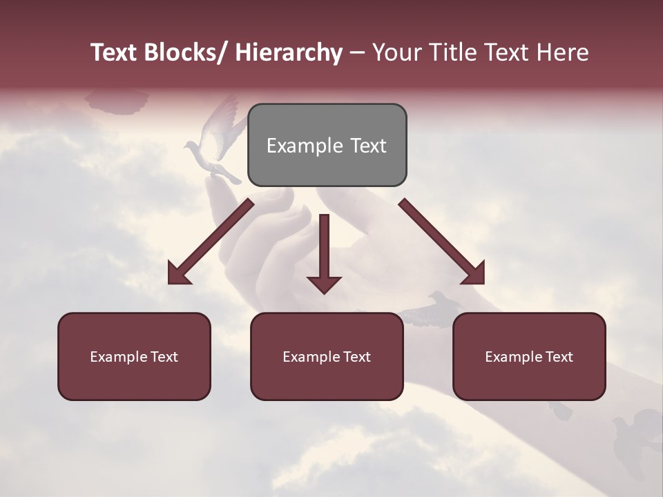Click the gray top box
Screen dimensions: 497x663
coord(327,145)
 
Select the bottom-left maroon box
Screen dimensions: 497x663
coord(134,356)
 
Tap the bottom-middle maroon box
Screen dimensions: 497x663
coord(327,356)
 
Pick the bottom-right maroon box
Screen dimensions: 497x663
coord(529,356)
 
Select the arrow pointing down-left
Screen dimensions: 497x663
coord(210,242)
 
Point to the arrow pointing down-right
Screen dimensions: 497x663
coord(442,242)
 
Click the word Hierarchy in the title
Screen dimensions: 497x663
coord(289,52)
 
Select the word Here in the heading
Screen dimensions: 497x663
coord(563,52)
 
